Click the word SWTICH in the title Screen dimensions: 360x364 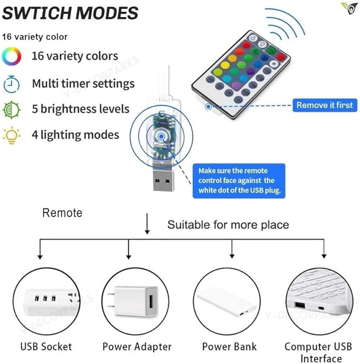point(37,13)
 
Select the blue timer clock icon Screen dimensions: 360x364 point(11,84)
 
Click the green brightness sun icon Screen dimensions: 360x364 point(12,109)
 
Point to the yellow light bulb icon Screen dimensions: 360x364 point(11,136)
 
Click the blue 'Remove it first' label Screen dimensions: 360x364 point(324,105)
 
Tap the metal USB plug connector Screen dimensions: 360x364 point(163,180)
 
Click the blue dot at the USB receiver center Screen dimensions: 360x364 point(161,136)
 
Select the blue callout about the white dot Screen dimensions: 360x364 point(239,181)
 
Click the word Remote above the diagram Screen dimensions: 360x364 point(62,213)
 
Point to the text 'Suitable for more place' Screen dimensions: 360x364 point(228,225)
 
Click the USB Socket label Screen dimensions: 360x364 point(46,346)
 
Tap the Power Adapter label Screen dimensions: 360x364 point(137,346)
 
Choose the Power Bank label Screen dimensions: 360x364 point(230,346)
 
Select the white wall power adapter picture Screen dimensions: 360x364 point(135,301)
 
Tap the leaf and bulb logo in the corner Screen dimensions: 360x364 point(349,8)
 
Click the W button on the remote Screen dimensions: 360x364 point(275,63)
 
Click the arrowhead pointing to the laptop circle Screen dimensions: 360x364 point(324,256)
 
